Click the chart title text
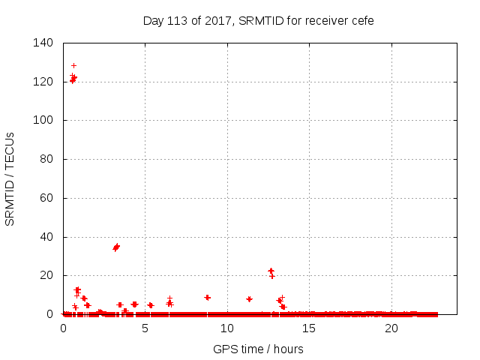[x=259, y=20]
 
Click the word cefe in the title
[x=361, y=20]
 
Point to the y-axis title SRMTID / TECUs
[x=10, y=179]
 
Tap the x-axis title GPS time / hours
[x=258, y=349]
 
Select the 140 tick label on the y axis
[x=43, y=43]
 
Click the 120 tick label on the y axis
[x=43, y=82]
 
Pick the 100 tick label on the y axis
[x=43, y=120]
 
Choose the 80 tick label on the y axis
[x=46, y=159]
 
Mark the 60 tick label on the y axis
[x=46, y=198]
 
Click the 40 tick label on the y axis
[x=46, y=237]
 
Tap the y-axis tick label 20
[x=46, y=276]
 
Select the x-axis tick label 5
[x=145, y=328]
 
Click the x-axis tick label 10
[x=227, y=328]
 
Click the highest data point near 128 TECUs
[x=73, y=65]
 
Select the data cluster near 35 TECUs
[x=116, y=247]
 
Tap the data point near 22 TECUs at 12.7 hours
[x=271, y=271]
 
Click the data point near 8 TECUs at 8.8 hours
[x=207, y=298]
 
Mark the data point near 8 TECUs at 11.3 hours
[x=249, y=299]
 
